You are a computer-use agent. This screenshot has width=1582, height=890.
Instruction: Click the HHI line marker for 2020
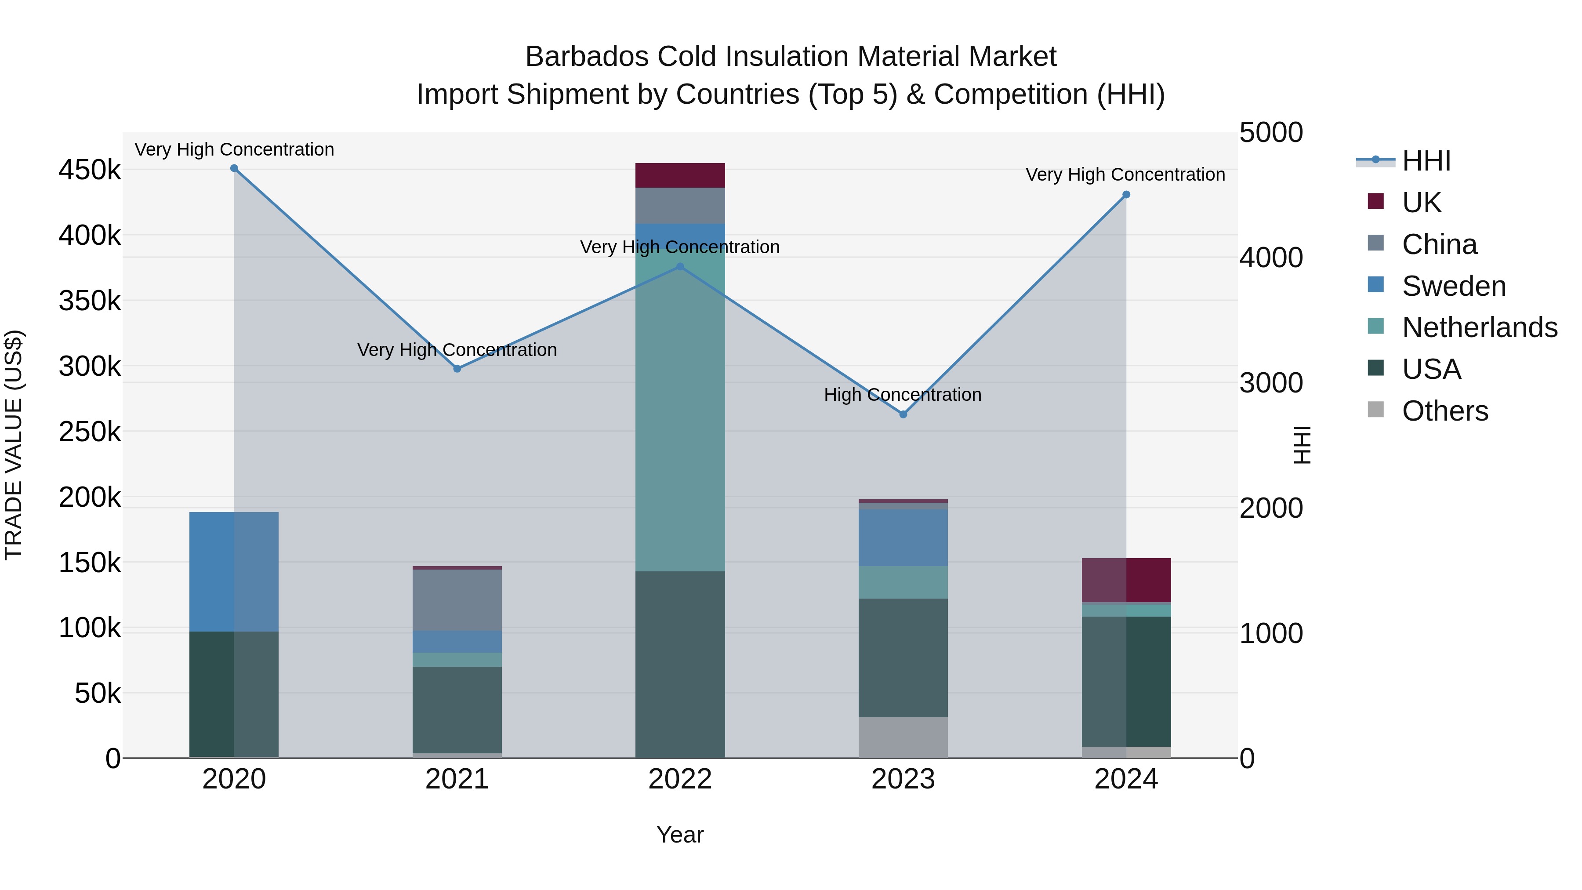(x=234, y=168)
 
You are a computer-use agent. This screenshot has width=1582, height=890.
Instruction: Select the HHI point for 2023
(x=903, y=414)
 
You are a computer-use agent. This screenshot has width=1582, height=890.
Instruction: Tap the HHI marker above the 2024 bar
(x=1126, y=195)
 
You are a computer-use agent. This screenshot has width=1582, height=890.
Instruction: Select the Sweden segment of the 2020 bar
(x=234, y=571)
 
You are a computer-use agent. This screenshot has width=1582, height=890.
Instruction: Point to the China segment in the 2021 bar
(x=457, y=600)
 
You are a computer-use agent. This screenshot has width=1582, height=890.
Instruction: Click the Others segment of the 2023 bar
(x=903, y=737)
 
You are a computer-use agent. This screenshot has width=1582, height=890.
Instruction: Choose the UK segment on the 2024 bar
(x=1126, y=580)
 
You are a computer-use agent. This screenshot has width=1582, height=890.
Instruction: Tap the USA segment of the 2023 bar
(x=903, y=657)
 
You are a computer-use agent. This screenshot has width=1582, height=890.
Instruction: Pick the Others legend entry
(x=1444, y=411)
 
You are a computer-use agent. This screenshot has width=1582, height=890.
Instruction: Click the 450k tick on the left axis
(x=90, y=170)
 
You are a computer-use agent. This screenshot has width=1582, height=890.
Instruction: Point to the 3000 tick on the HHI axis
(x=1270, y=383)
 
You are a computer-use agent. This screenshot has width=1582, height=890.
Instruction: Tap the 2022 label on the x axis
(x=680, y=779)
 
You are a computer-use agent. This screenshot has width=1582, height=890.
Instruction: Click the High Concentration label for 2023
(x=902, y=394)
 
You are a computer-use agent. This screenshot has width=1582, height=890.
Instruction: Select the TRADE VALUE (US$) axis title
(x=14, y=445)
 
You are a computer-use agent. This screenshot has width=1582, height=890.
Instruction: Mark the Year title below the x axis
(x=680, y=835)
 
